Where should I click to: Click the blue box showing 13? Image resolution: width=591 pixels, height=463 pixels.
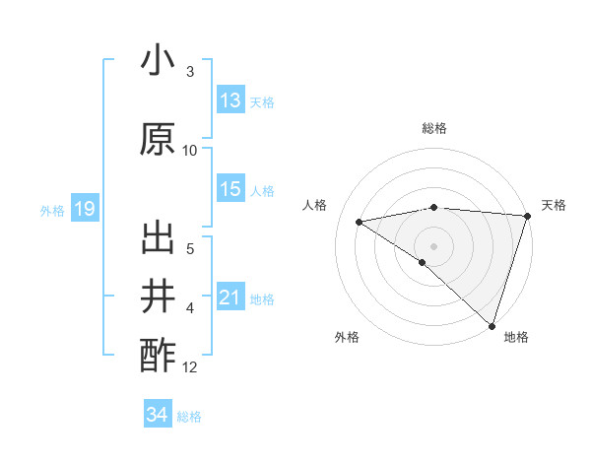click(x=230, y=100)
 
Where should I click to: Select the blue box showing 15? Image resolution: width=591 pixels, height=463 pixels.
click(x=230, y=189)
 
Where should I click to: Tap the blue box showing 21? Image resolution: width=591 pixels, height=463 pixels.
click(x=230, y=298)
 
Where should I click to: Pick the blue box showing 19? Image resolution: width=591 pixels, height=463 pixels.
click(x=85, y=209)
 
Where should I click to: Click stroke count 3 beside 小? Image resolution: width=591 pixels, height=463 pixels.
click(x=190, y=72)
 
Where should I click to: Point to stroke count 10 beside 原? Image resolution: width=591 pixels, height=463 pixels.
click(x=190, y=151)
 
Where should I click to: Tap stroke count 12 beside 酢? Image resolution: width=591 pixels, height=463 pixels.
click(x=190, y=367)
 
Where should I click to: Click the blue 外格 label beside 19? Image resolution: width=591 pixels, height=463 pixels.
click(x=52, y=210)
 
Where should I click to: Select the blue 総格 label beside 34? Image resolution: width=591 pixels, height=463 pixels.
click(x=189, y=417)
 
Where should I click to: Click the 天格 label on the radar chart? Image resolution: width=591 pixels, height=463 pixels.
click(x=554, y=205)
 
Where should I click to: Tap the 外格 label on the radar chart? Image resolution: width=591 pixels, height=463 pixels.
click(x=347, y=338)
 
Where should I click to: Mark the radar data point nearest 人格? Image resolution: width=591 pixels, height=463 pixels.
click(x=360, y=221)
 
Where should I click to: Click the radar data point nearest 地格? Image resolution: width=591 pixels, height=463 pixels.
click(x=492, y=325)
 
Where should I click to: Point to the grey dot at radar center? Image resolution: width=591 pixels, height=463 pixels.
click(x=433, y=245)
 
